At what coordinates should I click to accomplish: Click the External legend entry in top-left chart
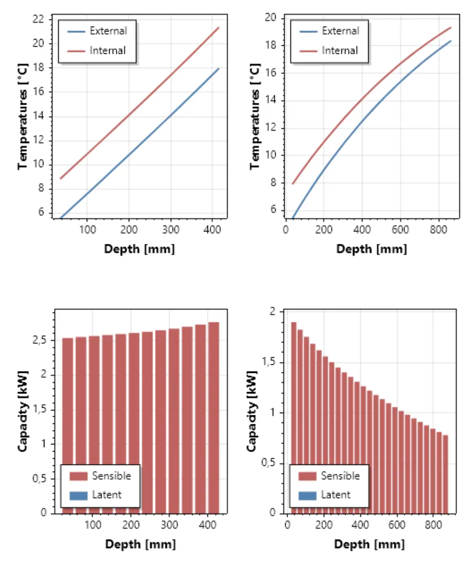[108, 31]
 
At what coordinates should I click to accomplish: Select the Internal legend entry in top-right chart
[340, 50]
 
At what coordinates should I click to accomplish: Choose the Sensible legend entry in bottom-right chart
[340, 476]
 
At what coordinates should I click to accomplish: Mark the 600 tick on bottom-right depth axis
[396, 525]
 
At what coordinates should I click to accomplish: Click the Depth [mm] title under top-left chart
[139, 249]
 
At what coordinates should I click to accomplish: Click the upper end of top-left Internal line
[218, 28]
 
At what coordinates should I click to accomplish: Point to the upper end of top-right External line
[451, 41]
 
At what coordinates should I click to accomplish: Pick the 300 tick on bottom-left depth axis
[170, 525]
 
